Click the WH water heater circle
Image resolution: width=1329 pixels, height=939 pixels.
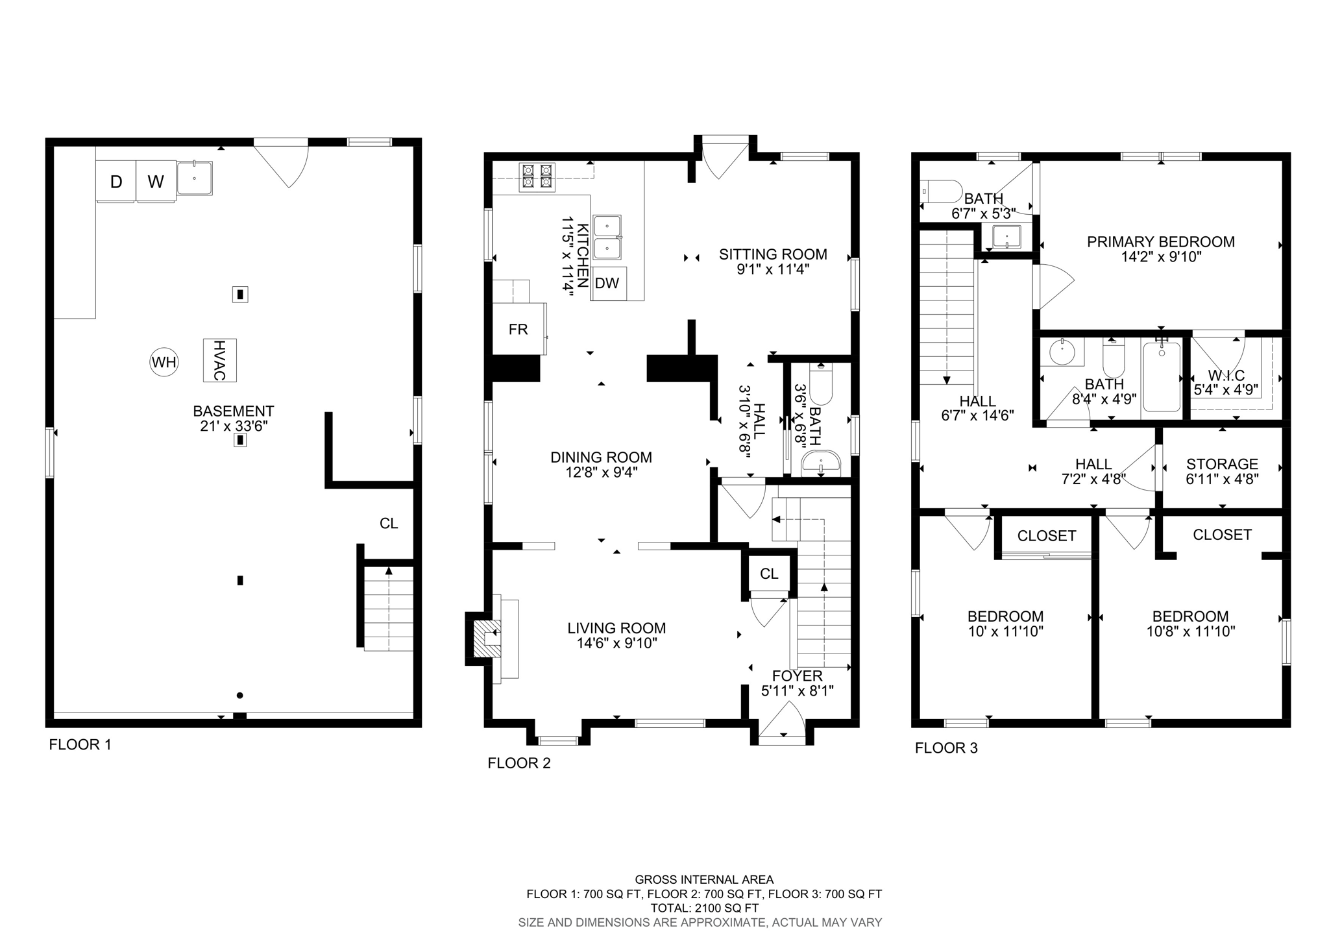pos(164,362)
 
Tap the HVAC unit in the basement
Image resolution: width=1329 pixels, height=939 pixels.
pos(219,360)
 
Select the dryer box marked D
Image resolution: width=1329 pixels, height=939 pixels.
pos(116,182)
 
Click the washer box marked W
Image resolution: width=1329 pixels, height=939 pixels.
pos(156,182)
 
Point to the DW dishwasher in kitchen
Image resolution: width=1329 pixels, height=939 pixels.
pos(607,283)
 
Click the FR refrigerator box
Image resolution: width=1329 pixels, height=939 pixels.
pos(518,330)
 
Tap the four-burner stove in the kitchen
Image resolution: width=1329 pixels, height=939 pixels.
pos(537,177)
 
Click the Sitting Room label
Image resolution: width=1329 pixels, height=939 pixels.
pos(773,254)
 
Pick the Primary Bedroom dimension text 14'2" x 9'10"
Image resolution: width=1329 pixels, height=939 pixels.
pos(1161,257)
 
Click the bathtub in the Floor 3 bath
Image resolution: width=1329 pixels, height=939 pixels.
pos(1162,376)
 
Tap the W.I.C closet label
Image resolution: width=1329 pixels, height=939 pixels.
pos(1226,376)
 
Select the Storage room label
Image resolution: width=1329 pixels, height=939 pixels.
pos(1222,464)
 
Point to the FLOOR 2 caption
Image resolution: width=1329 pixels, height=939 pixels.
pos(519,763)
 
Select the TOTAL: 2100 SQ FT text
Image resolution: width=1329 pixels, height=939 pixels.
pos(704,909)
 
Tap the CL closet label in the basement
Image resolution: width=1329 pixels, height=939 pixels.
pos(389,524)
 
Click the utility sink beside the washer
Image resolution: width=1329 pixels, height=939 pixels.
pos(194,178)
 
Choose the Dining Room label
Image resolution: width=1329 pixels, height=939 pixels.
pos(601,457)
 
